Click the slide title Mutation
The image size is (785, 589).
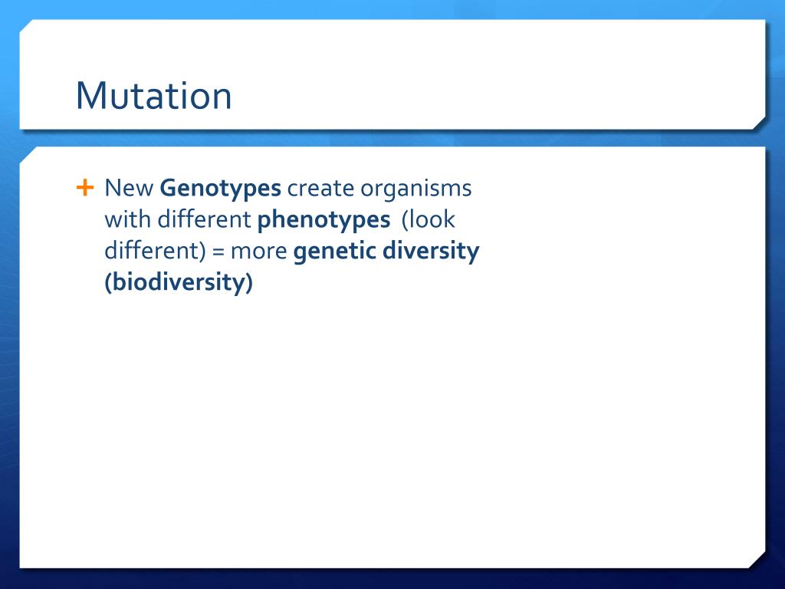[153, 95]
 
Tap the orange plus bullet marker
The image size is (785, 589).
[85, 188]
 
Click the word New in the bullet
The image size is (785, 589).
[129, 189]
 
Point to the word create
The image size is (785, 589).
[320, 189]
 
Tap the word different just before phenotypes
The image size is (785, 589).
[204, 219]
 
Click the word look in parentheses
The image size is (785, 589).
[429, 220]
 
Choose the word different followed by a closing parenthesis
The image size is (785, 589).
[155, 251]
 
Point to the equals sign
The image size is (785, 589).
[218, 252]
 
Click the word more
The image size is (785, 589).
[259, 252]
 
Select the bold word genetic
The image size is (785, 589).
[335, 252]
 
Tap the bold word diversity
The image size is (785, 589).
[431, 252]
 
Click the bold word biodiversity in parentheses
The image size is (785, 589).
[179, 282]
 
